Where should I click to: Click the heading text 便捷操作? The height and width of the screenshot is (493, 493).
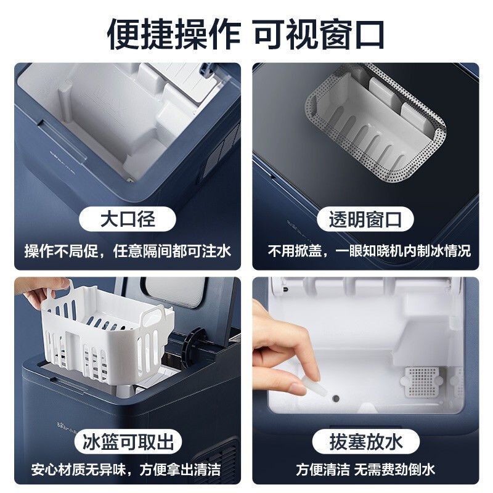[174, 35]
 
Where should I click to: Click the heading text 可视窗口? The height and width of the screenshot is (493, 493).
[319, 35]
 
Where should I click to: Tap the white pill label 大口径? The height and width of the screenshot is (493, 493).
[128, 219]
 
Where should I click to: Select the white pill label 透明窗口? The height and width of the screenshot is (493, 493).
[365, 219]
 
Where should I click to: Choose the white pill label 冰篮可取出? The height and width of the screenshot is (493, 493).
[128, 442]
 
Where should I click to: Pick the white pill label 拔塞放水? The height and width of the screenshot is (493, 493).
[366, 442]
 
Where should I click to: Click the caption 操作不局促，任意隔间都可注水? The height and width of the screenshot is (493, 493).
[128, 251]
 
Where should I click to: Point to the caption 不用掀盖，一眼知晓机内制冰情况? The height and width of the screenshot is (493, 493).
[369, 251]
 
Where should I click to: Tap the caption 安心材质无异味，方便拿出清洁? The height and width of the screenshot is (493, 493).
[126, 470]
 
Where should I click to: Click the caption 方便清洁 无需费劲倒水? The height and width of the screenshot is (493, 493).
[365, 470]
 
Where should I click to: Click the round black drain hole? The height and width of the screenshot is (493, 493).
[336, 399]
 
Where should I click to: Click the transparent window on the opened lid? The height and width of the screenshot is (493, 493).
[174, 292]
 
